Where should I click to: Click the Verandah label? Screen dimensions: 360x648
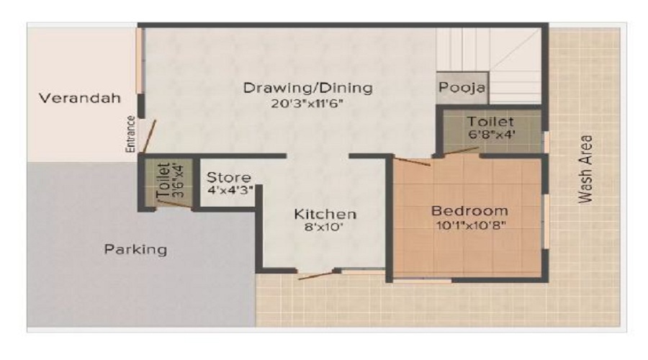[79, 98]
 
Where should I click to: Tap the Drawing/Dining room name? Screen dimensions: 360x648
[307, 88]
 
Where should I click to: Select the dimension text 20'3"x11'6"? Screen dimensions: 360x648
[307, 103]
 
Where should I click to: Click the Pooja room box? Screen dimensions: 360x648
[462, 89]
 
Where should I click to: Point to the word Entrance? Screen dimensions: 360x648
[131, 133]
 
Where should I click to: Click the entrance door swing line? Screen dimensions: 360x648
[148, 137]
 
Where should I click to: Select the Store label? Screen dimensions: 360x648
[229, 177]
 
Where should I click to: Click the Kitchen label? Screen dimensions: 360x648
[325, 215]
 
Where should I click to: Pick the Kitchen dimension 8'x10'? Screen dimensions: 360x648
[325, 230]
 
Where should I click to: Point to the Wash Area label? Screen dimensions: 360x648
[587, 168]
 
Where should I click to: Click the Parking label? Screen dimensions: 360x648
[135, 250]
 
